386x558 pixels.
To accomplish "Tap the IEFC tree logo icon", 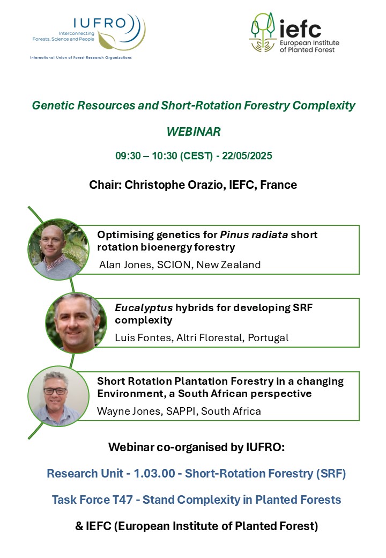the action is tap(263, 32).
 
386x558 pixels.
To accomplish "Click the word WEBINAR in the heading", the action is tap(194, 131).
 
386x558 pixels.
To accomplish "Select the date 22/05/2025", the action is tap(247, 156).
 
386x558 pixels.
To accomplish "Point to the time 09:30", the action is tap(128, 156).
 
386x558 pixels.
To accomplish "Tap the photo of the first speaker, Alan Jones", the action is tap(58, 249).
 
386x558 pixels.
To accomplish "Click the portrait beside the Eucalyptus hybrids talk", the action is tap(76, 323).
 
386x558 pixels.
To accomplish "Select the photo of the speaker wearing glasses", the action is tap(58, 396).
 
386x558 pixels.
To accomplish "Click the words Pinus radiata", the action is tap(254, 235).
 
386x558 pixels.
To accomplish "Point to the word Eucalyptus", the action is tap(144, 308).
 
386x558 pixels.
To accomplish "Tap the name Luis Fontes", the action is tap(144, 337).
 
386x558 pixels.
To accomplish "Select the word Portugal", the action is tap(268, 337).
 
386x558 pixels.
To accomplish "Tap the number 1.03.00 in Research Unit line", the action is tap(154, 473).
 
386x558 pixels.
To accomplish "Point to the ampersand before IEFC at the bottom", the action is tap(79, 526).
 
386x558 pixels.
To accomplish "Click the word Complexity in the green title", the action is tap(324, 105).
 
